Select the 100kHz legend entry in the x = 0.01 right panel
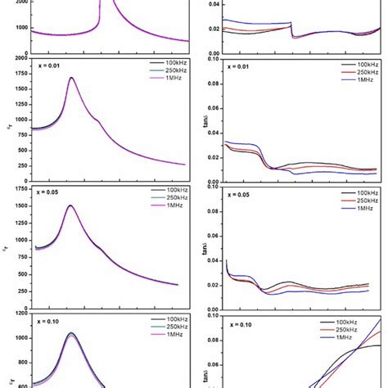pyautogui.click(x=362, y=63)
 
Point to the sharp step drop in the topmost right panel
pyautogui.click(x=291, y=29)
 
